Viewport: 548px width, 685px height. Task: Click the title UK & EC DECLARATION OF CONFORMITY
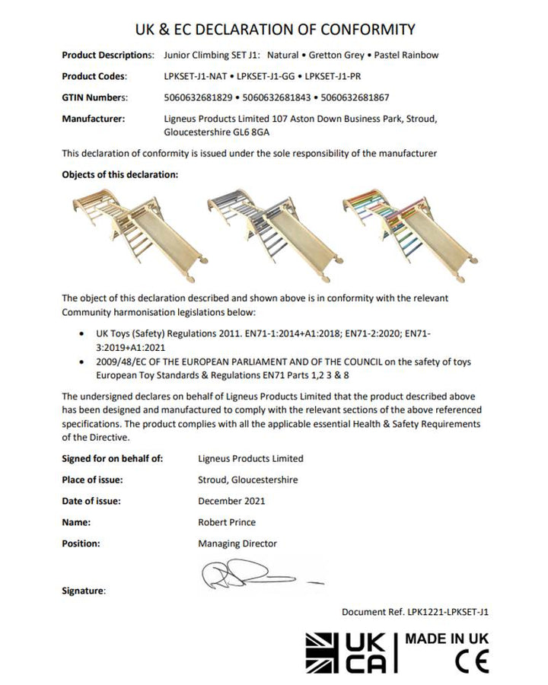click(x=274, y=30)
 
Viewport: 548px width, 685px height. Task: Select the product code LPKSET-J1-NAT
click(x=195, y=77)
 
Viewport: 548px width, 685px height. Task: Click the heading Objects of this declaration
click(x=119, y=174)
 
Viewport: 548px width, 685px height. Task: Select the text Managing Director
click(x=237, y=543)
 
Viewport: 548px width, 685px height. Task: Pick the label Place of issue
click(x=91, y=479)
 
